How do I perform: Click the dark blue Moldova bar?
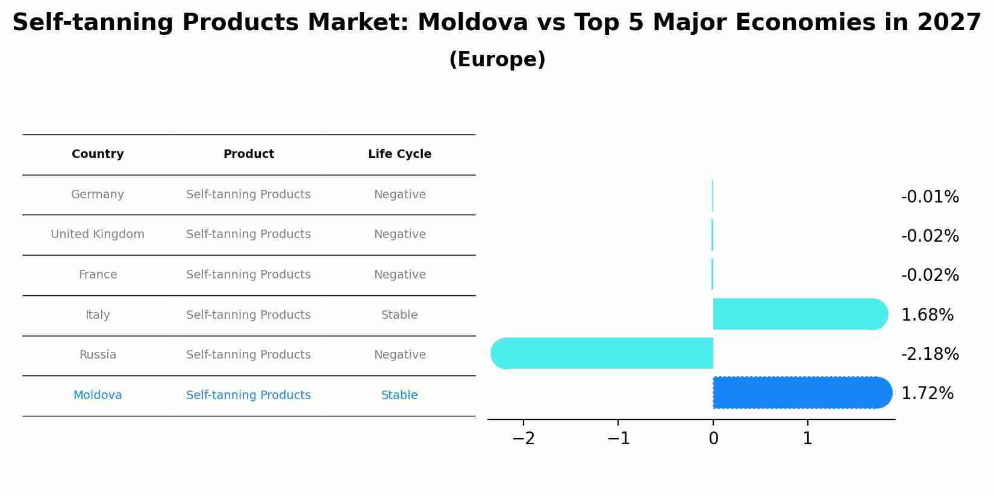[x=801, y=392]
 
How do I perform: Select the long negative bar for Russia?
[x=602, y=353]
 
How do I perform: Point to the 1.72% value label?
[x=927, y=394]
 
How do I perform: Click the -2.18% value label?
[x=930, y=354]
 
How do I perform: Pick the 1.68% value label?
[x=927, y=315]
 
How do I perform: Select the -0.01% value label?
[x=930, y=197]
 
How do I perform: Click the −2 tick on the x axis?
[x=524, y=438]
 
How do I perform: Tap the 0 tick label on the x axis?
[x=713, y=438]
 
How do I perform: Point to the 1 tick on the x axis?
[x=807, y=438]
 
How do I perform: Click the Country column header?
[x=98, y=154]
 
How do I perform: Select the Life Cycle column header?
[x=399, y=154]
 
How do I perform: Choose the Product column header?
[x=248, y=154]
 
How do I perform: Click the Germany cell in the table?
[x=98, y=195]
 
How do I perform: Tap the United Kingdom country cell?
[x=98, y=234]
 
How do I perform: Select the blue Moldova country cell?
[x=98, y=395]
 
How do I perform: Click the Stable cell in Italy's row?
[x=399, y=315]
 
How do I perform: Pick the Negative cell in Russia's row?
[x=399, y=355]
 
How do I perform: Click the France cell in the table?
[x=98, y=275]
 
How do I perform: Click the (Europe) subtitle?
[x=497, y=60]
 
